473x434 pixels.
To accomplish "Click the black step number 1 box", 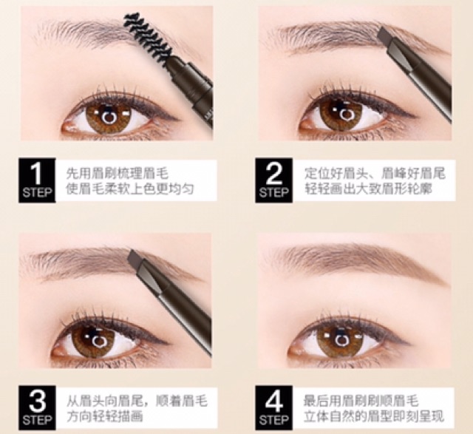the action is click(x=37, y=180).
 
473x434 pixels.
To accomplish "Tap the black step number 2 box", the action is click(x=274, y=180).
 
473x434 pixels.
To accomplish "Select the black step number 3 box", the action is click(x=37, y=407).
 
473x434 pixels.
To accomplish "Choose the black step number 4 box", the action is click(x=274, y=407).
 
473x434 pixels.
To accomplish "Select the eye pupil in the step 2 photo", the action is click(x=347, y=114).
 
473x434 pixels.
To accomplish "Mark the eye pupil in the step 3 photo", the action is click(x=98, y=340).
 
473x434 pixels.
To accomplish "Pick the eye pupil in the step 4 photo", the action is click(x=341, y=339).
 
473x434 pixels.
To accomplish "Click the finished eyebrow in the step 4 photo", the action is click(x=356, y=260).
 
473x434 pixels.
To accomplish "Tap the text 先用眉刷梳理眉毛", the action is click(x=117, y=174).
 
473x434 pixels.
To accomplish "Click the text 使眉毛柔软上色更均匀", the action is click(x=130, y=189).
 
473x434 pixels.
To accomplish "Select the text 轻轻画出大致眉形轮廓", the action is click(x=368, y=189).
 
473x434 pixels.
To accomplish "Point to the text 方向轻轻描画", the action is click(x=104, y=417).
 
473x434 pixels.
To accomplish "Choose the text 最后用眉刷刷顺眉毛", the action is click(x=361, y=401).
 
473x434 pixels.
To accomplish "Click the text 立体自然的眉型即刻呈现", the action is click(x=374, y=417).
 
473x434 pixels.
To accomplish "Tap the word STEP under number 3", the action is click(x=37, y=420).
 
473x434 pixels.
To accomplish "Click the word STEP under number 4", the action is click(x=274, y=420).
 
